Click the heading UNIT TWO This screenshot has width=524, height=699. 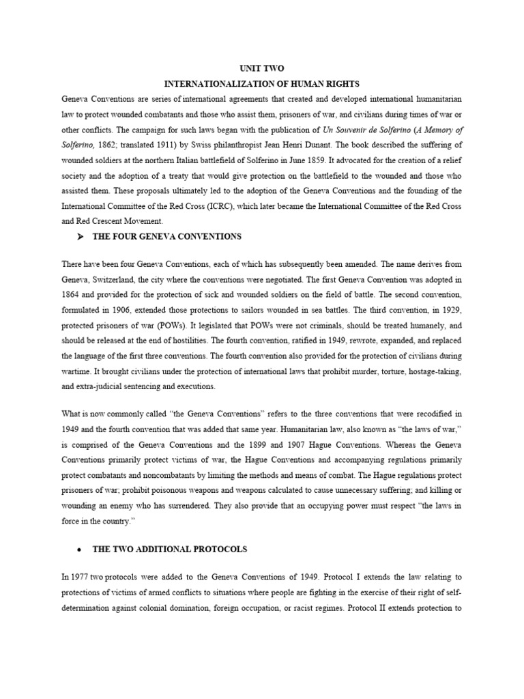(261, 69)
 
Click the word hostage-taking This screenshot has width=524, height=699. (435, 371)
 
